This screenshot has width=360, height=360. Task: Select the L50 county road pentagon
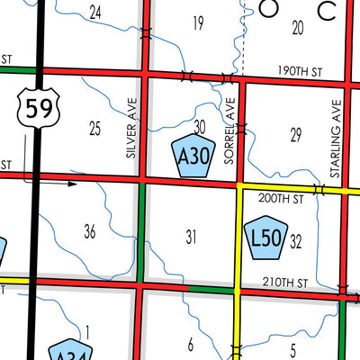265,238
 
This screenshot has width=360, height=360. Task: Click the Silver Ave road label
132,129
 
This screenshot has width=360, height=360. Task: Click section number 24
95,12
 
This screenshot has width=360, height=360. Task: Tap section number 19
199,22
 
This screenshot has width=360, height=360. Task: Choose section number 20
298,28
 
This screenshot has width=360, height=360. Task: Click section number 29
295,135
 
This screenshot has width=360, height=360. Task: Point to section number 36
89,232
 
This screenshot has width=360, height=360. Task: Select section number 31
191,238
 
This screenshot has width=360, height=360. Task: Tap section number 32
296,241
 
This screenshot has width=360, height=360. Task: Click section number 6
191,343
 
